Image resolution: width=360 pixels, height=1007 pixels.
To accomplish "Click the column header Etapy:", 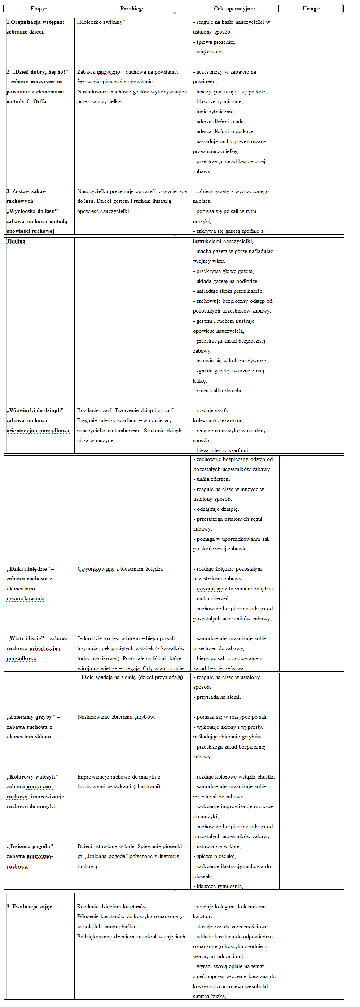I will coord(39,9).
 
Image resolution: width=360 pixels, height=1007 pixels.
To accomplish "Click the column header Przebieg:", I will coord(132,9).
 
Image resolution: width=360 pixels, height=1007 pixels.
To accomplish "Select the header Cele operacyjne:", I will coord(234,9).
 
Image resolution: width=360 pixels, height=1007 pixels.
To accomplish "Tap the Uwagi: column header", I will coord(311,9).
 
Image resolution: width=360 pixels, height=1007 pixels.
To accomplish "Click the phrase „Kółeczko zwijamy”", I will coord(101,22).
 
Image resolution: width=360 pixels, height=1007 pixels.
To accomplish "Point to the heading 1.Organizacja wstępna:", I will coord(36,22).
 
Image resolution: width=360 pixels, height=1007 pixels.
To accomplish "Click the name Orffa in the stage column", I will coord(40,102).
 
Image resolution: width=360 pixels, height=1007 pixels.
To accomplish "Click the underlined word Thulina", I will coord(16,241).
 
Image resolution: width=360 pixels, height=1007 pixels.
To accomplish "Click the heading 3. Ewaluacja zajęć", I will coord(29,907).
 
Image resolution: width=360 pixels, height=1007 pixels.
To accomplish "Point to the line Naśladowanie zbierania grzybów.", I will coord(116,717).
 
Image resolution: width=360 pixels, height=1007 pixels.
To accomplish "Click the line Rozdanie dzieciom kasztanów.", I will coord(113,907).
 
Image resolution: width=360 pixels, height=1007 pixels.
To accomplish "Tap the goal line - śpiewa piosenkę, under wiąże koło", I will coord(214,42).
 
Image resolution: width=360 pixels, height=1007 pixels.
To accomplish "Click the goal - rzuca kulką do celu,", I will coord(217,391).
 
